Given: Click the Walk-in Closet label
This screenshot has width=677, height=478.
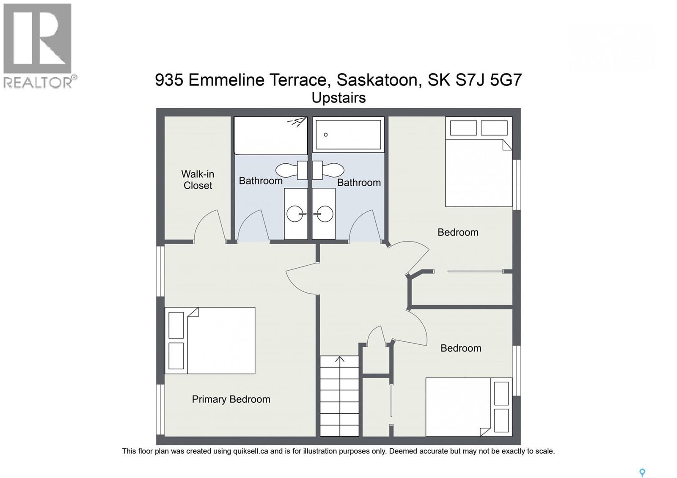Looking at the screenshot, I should coord(198,180).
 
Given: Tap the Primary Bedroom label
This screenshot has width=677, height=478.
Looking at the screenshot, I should coord(231,399).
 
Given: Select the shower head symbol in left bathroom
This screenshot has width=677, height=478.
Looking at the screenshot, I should coord(297,122).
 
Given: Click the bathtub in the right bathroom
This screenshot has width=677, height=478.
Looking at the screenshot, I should coord(348,135).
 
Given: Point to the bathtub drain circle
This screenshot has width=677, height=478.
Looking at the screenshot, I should coord(326,135).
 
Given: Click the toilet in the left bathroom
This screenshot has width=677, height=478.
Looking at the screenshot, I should coord(292,170).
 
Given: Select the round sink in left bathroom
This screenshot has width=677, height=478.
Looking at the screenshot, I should coord(295,214).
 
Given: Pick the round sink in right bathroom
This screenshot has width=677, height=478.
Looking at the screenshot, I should coord(324,214).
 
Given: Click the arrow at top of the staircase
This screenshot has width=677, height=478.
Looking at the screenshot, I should coord(340,360).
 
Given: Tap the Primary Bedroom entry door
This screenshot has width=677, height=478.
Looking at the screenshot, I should coord(301,279).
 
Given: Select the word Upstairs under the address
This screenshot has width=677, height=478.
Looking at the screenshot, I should coord(338,98).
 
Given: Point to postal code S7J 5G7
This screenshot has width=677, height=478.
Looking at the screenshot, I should coord(488,80).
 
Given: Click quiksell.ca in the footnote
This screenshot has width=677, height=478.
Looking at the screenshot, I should coord(251,451).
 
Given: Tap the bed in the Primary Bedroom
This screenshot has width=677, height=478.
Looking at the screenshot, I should coord(210,341).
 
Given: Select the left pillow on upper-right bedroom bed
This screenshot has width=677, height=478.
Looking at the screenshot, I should coord(463,128).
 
